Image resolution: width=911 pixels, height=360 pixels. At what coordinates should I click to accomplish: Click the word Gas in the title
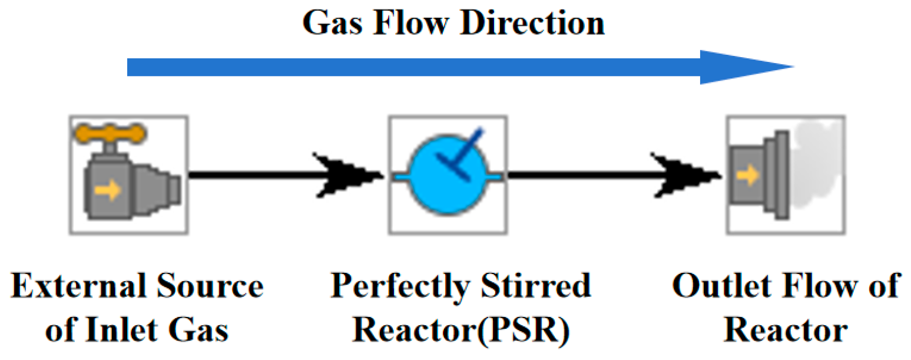pyautogui.click(x=333, y=24)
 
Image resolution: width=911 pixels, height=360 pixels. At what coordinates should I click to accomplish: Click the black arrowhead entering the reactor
pyautogui.click(x=347, y=175)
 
